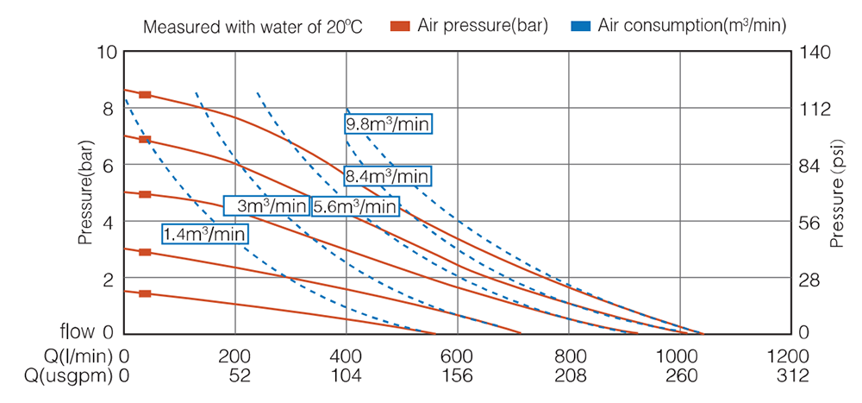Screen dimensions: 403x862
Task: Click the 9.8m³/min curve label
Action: pyautogui.click(x=387, y=124)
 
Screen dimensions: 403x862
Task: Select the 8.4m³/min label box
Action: pyautogui.click(x=387, y=176)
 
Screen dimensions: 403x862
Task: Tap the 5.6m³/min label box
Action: pyautogui.click(x=356, y=207)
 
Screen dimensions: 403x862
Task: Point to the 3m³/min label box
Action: pyautogui.click(x=265, y=206)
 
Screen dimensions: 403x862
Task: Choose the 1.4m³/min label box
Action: pyautogui.click(x=205, y=233)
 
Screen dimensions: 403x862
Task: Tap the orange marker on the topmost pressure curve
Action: pyautogui.click(x=145, y=94)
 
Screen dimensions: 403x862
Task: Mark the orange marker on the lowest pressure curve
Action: pyautogui.click(x=145, y=294)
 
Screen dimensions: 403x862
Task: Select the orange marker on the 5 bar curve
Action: pyautogui.click(x=145, y=194)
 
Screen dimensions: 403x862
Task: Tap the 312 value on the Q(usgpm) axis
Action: pyautogui.click(x=792, y=376)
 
